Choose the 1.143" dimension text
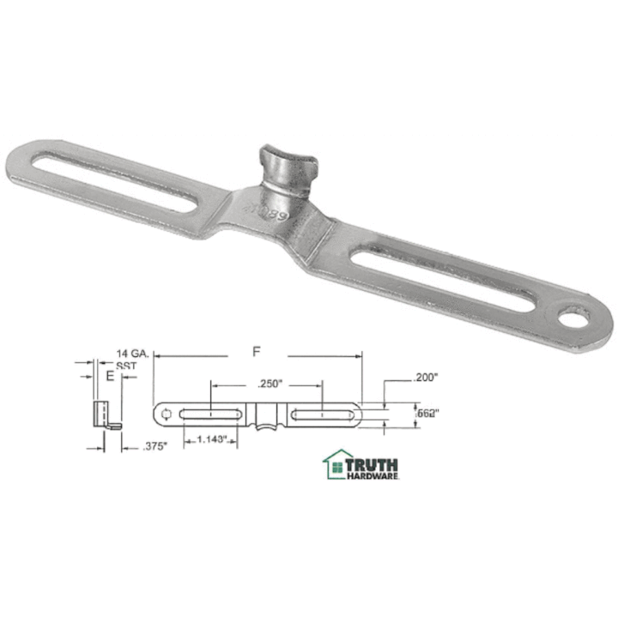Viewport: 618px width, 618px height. [x=211, y=440]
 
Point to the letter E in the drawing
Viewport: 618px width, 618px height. [x=109, y=376]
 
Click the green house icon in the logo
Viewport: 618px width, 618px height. [x=333, y=464]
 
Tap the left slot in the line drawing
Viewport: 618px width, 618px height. [x=211, y=415]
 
